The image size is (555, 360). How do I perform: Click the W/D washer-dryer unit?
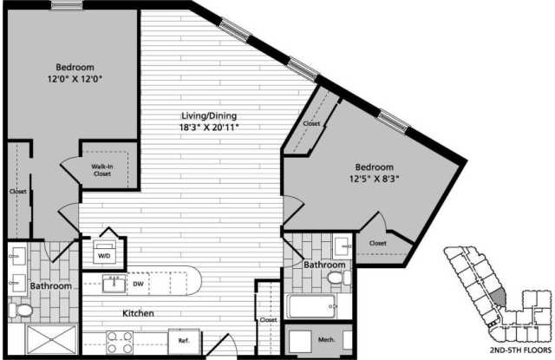pos(104,252)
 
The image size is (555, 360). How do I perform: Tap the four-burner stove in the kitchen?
pos(120,342)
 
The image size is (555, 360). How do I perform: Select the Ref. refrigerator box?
pos(184,341)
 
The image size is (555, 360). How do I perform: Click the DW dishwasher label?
pos(138,284)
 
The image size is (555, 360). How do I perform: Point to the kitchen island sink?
pos(114,284)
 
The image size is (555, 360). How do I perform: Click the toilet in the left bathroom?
pos(21,311)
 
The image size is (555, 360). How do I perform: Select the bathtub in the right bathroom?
pos(310,306)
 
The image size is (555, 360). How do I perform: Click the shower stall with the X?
pos(52,339)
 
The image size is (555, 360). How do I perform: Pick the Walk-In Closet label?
pos(102,170)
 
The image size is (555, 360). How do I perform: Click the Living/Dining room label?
pos(209,115)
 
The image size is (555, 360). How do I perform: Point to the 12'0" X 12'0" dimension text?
pos(75,79)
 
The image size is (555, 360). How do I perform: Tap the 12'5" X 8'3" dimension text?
pos(374,179)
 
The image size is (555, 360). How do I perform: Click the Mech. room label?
pos(326,340)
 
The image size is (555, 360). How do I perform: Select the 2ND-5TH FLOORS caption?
pos(520,350)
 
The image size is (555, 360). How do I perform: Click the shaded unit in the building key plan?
pos(499,297)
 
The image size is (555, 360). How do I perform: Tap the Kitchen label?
pos(138,313)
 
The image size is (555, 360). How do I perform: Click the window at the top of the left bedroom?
pos(67,5)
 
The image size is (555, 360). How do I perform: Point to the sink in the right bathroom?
pos(343,245)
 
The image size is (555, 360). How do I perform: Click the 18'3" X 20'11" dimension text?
pos(209,128)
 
